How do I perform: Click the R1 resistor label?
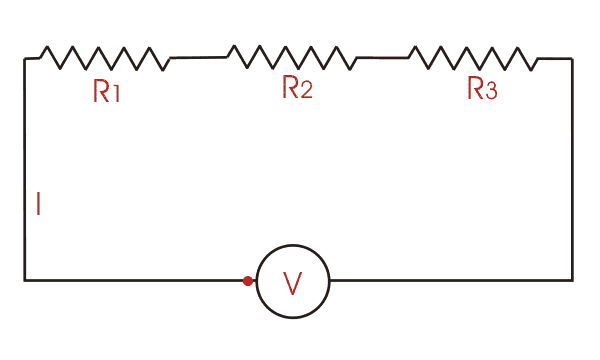[107, 93]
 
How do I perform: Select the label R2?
[297, 89]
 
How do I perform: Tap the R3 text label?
[482, 90]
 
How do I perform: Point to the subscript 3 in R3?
[490, 92]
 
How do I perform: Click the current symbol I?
[38, 205]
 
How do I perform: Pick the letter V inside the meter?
[292, 284]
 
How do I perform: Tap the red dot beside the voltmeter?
[248, 281]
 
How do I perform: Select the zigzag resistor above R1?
[104, 58]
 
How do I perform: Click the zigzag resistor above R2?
[291, 57]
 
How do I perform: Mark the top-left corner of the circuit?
[25, 59]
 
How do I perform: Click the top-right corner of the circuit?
[572, 59]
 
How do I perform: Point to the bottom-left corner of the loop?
[25, 280]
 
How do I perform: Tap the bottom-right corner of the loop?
[572, 280]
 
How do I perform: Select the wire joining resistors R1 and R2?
[198, 58]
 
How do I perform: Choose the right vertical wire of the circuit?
[572, 170]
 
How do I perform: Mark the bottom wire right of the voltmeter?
[450, 280]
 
